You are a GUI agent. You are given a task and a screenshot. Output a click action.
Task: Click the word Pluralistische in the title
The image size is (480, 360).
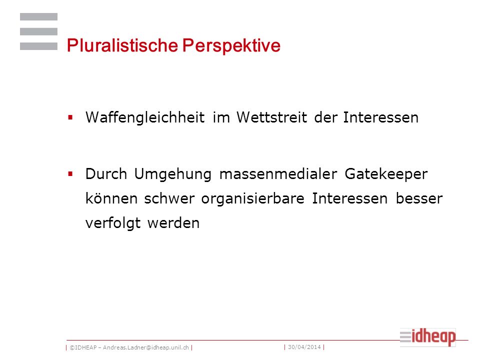click(122, 45)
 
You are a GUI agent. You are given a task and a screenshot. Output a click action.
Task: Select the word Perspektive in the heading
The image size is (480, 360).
click(231, 46)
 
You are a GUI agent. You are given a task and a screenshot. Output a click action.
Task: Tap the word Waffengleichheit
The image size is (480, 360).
click(145, 117)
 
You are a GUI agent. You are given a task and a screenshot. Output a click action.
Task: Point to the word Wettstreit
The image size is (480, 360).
click(272, 117)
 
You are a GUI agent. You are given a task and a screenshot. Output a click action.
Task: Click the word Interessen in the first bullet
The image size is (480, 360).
click(381, 117)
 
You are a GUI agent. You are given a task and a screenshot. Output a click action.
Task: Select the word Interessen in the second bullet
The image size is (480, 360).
click(350, 198)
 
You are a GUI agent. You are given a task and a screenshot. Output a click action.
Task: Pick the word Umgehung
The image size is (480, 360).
click(173, 174)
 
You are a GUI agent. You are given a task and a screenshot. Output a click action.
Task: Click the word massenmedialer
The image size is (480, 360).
click(278, 174)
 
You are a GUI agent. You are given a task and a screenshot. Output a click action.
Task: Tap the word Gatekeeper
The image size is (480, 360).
click(386, 174)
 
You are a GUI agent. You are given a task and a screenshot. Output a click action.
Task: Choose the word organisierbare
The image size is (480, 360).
click(253, 199)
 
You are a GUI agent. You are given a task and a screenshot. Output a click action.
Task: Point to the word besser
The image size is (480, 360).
click(419, 198)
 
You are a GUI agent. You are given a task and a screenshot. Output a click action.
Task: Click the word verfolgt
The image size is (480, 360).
click(113, 223)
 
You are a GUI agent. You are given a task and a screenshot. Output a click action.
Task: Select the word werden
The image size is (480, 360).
click(173, 223)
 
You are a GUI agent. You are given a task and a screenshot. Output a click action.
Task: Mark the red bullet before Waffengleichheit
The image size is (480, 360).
click(70, 117)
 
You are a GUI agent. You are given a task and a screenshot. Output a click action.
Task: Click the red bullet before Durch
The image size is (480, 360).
click(70, 174)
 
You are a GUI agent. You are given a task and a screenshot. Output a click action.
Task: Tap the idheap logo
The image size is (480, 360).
click(427, 337)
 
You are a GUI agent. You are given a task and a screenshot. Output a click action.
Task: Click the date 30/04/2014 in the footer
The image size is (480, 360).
click(304, 347)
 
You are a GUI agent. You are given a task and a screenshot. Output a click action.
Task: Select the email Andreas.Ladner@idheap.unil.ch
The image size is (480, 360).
click(145, 348)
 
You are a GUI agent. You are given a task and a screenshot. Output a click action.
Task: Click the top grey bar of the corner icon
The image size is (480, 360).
click(38, 17)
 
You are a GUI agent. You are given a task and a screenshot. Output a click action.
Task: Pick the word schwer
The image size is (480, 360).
click(169, 198)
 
